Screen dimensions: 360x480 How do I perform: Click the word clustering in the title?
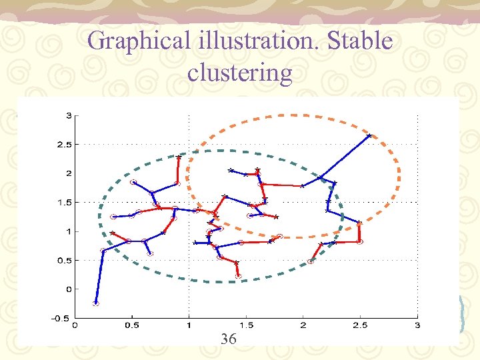click(240, 72)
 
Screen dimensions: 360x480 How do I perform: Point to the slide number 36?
click(228, 339)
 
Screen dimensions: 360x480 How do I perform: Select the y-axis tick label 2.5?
click(65, 145)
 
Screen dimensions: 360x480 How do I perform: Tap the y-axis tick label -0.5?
click(63, 318)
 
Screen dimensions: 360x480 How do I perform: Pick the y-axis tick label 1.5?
click(65, 202)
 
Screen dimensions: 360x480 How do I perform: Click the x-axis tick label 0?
click(75, 326)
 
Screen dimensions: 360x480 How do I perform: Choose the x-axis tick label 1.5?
click(246, 326)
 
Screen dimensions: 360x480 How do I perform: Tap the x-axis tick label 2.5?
click(360, 326)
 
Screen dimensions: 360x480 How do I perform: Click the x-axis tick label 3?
click(417, 326)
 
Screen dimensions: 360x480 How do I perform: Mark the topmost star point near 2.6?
click(369, 136)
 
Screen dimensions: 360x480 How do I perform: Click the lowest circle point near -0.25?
click(96, 303)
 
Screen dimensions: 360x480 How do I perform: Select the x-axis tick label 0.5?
click(132, 326)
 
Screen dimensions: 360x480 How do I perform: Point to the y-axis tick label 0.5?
click(65, 260)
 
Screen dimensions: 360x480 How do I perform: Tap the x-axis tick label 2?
click(303, 326)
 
